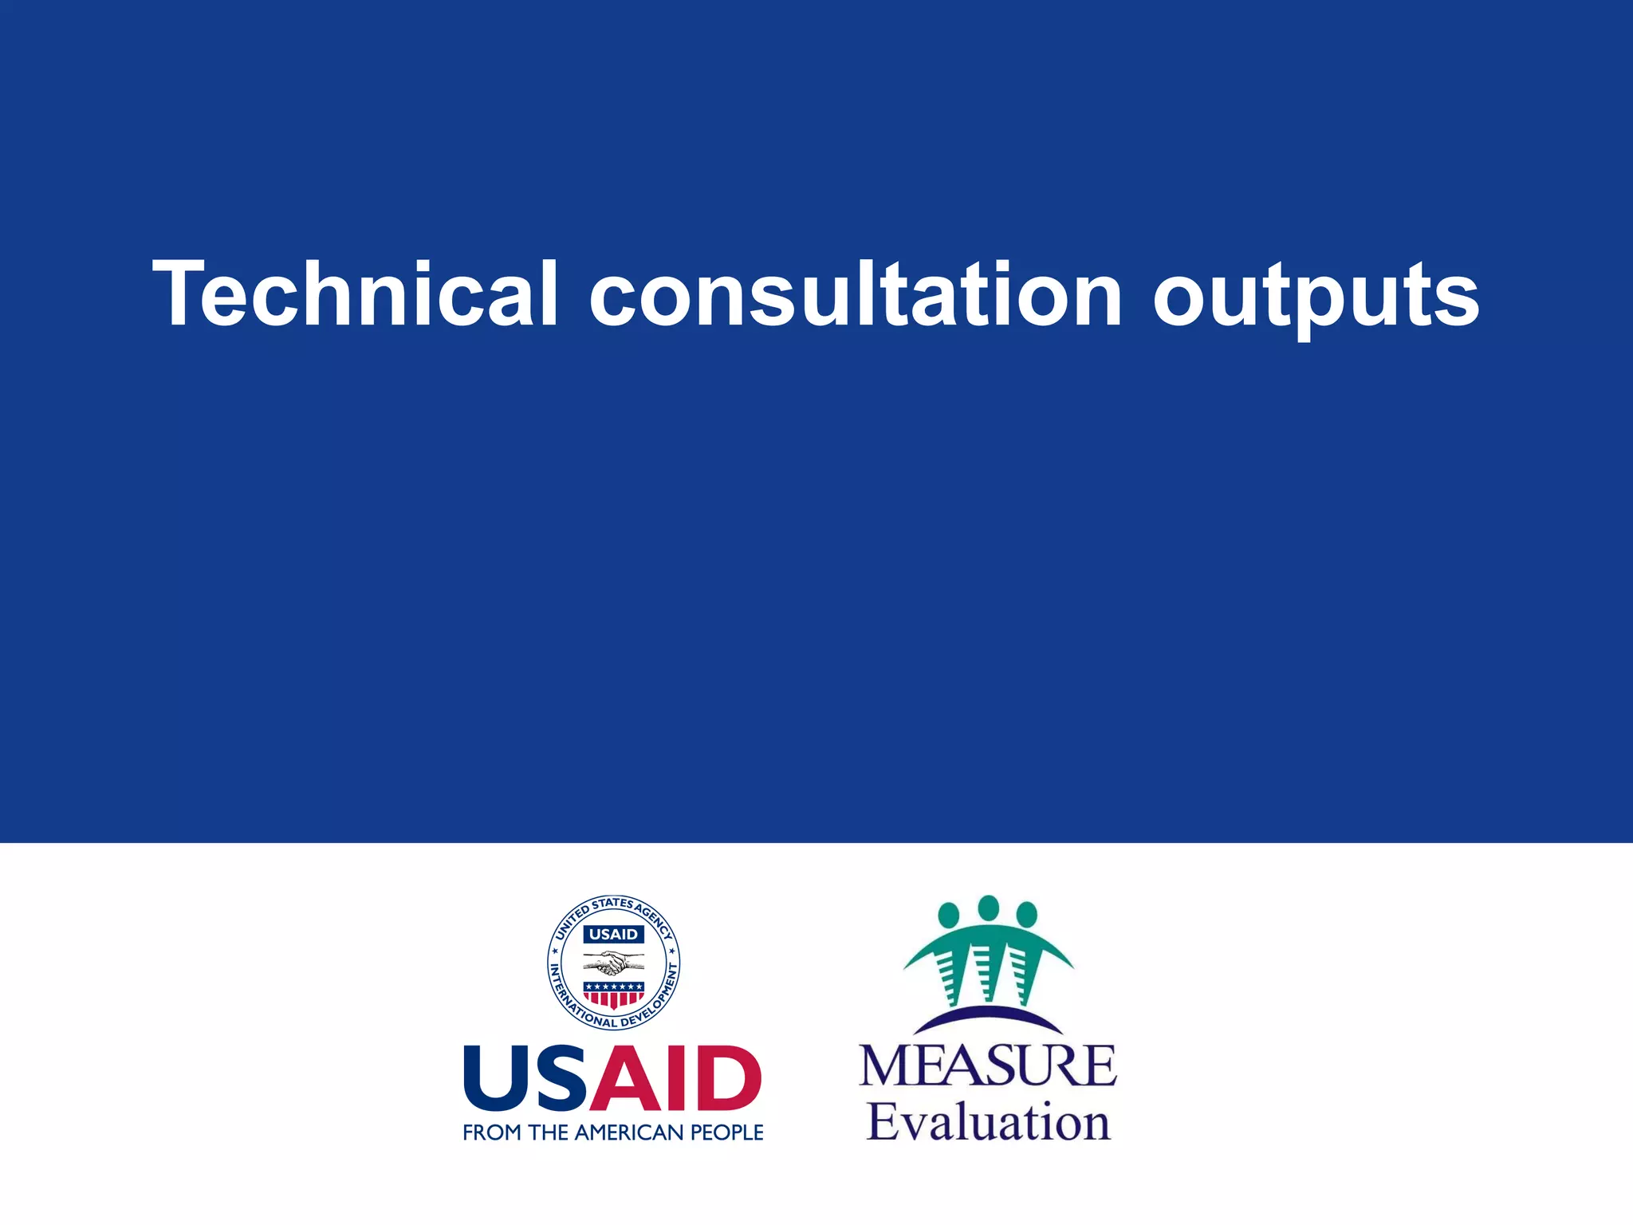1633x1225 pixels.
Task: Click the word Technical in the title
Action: [356, 293]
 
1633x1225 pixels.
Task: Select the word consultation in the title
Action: [856, 293]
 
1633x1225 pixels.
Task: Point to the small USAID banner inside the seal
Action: [613, 934]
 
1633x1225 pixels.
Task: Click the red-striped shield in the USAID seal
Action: [613, 995]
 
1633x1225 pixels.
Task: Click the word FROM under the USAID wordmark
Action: [492, 1132]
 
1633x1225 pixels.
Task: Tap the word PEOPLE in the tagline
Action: [726, 1132]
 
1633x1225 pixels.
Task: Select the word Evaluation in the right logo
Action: [988, 1122]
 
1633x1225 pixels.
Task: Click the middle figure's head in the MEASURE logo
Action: [988, 908]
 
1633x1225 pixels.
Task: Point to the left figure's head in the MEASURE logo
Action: [949, 914]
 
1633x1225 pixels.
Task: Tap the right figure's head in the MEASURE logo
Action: [1027, 914]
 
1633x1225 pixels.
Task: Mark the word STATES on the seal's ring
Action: [612, 904]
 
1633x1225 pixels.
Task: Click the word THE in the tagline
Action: [548, 1132]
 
